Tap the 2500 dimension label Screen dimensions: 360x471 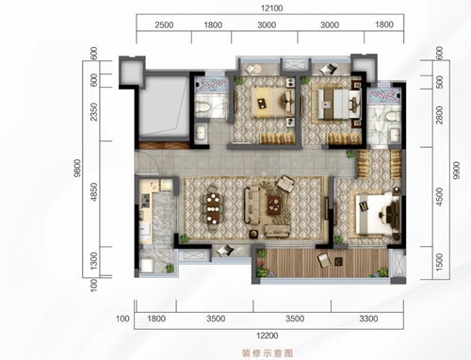coord(164,27)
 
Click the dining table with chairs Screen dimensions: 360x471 coord(212,209)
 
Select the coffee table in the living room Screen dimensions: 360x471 coord(277,203)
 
